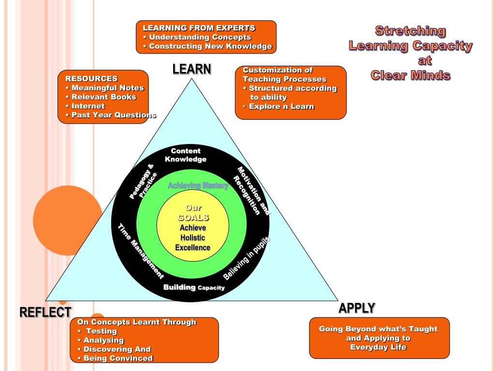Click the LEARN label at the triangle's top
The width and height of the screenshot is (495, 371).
tap(192, 70)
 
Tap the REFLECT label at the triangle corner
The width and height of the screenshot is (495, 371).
tap(45, 313)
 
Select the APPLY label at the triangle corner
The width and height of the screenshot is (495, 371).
tap(357, 308)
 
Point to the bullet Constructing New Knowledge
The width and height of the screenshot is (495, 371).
tap(210, 46)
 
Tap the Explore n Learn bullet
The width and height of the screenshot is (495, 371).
tap(281, 106)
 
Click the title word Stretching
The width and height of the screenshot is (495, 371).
tap(410, 31)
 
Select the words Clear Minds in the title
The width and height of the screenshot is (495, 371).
tap(410, 75)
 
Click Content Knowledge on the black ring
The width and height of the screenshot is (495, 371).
tap(186, 155)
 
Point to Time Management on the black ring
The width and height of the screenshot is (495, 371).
tap(141, 251)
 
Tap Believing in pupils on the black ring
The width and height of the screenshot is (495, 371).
tap(246, 258)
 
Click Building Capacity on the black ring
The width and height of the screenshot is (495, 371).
tap(194, 287)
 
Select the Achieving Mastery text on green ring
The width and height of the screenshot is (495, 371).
tap(198, 185)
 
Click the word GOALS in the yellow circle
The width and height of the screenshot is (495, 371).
tap(193, 218)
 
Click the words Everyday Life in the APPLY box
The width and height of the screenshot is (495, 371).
tap(378, 347)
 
